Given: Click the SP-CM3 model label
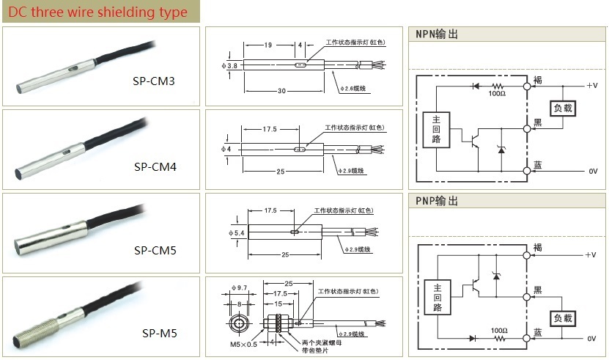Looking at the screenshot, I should point(154,81).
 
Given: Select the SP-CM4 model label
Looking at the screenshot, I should point(155,166).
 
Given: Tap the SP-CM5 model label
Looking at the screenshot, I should point(155,250).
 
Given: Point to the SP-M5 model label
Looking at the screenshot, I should point(159,334).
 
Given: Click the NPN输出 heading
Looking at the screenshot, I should point(437,34).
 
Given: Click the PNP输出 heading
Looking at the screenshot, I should point(437,201).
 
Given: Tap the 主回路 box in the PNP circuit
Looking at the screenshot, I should point(436,297).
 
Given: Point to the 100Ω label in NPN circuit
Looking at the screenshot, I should point(496,94).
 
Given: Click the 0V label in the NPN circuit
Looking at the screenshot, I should point(593,172).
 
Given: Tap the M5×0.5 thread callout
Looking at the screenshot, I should point(244,344).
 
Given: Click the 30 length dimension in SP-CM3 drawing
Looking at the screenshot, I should point(281,91).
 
